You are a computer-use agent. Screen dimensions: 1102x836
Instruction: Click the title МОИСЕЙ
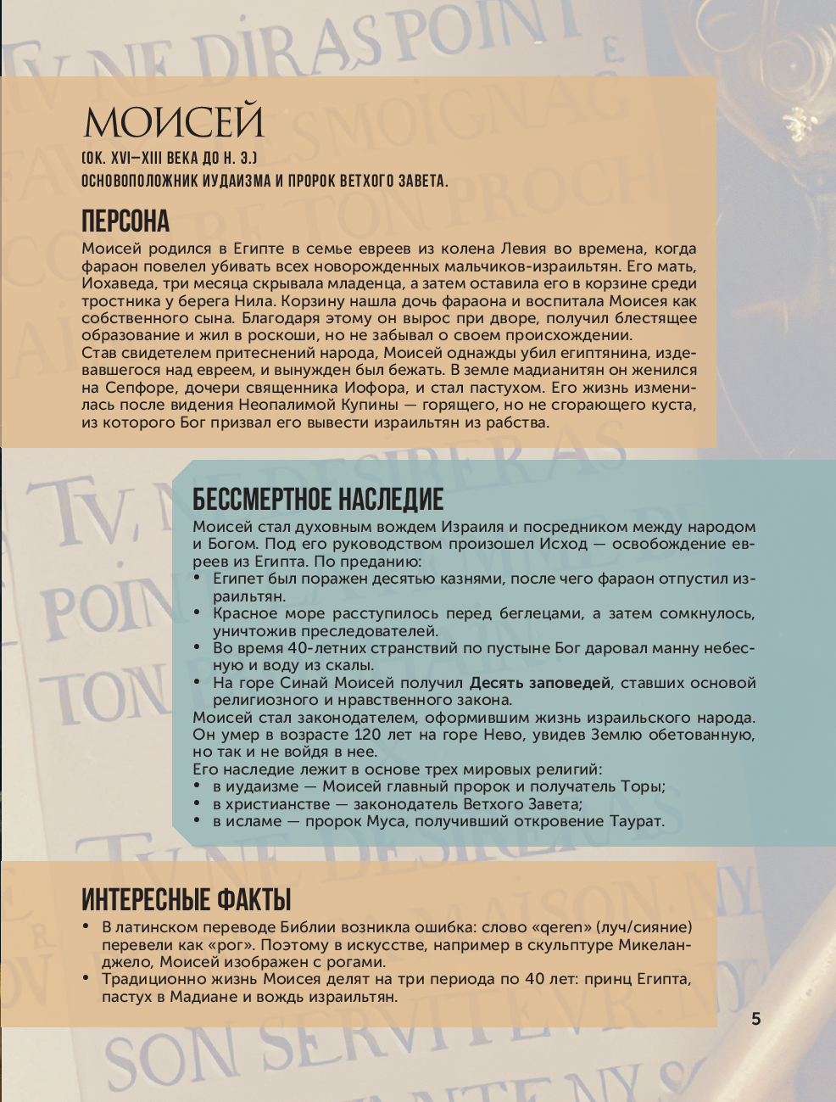click(174, 122)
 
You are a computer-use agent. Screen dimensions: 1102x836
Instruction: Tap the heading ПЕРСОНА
click(125, 221)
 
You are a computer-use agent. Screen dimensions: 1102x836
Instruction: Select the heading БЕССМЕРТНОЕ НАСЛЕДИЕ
click(318, 499)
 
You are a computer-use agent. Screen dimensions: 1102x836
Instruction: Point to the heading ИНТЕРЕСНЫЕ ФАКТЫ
click(187, 899)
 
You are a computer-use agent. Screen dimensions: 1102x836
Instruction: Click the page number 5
click(756, 1019)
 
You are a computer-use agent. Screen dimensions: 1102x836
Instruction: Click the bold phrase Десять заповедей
click(540, 683)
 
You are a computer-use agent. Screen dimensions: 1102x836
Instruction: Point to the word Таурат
click(636, 821)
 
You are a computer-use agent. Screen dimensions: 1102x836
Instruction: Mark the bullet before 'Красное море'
click(198, 613)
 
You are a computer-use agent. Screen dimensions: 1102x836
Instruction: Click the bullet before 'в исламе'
click(198, 820)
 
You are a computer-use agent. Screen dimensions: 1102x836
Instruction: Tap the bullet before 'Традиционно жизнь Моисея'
click(86, 978)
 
